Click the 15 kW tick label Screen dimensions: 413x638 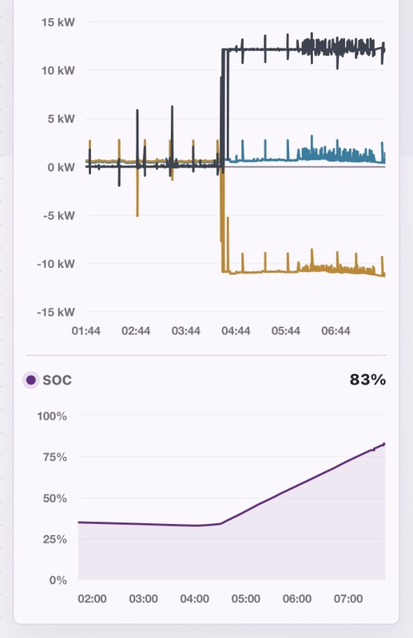58,22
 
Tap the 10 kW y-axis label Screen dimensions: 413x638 58,71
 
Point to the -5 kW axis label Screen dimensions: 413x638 59,215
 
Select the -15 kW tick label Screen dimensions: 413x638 56,313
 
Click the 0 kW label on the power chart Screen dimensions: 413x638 62,167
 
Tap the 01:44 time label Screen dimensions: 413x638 86,331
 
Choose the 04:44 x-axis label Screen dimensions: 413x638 236,331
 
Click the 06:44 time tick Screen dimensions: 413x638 336,331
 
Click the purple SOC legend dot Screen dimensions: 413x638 31,380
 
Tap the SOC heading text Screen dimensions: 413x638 57,380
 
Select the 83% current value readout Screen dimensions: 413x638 367,380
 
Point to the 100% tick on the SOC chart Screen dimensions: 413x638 52,416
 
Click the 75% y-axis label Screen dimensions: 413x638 54,457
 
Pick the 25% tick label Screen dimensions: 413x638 54,540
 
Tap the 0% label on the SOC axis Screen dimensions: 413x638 58,581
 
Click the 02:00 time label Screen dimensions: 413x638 92,599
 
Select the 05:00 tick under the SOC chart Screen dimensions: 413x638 246,599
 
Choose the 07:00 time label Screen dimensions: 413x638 348,599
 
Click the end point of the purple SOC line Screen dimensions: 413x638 384,444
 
